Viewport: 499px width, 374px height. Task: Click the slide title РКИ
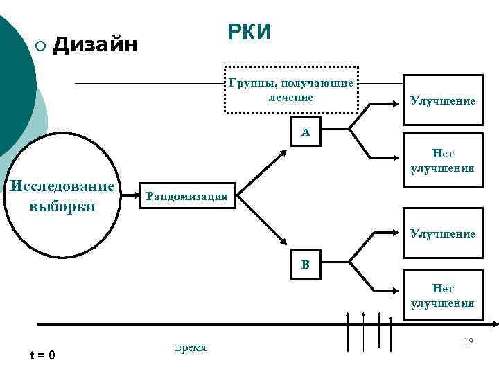tap(249, 33)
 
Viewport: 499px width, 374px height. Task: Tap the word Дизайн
tap(96, 45)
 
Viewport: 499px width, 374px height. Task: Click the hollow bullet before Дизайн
tap(40, 46)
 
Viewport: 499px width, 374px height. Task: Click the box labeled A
tap(306, 132)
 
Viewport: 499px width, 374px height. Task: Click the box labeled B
tap(306, 265)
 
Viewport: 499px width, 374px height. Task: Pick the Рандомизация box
tap(186, 196)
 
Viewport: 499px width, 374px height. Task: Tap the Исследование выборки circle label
tap(61, 197)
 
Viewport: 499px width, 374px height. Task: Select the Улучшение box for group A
tap(443, 101)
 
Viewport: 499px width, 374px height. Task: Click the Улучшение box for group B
tap(443, 234)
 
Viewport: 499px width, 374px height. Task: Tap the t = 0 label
tap(42, 355)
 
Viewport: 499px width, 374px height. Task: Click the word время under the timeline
tap(191, 348)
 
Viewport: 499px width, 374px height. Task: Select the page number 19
tap(469, 341)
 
